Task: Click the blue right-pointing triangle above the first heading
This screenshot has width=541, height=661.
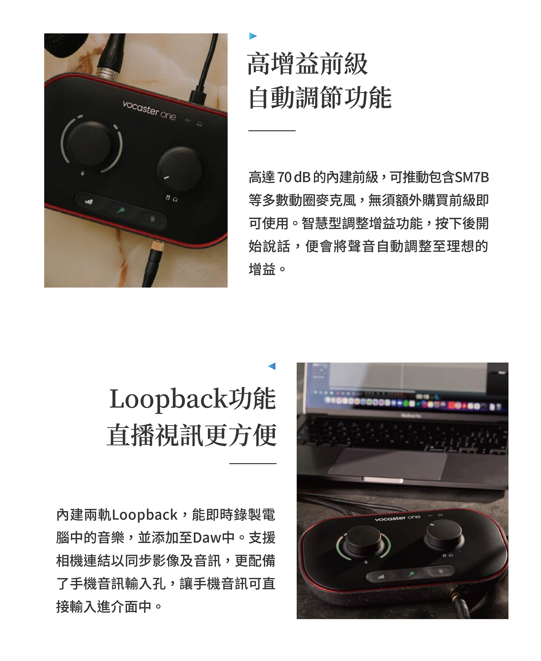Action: point(253,36)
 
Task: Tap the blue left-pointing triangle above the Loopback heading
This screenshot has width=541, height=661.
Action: point(272,366)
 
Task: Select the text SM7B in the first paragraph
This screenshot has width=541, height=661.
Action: point(472,178)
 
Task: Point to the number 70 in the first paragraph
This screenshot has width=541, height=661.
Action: point(284,178)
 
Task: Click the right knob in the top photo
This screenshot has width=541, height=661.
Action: point(180,168)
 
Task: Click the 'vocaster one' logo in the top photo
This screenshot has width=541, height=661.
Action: point(149,110)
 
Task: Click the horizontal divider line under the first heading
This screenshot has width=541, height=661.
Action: point(272,131)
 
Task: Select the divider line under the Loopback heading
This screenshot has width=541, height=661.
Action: point(253,463)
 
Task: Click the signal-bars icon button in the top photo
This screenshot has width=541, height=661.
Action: point(89,202)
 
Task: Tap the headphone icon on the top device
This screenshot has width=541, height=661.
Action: point(175,200)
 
